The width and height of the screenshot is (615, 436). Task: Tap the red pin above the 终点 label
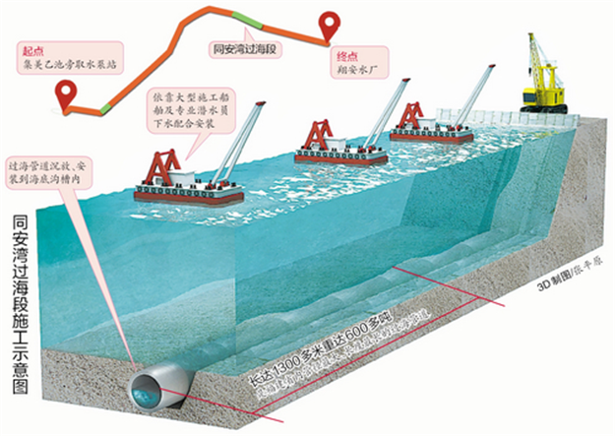(x=327, y=24)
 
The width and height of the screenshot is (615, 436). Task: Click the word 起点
(x=32, y=48)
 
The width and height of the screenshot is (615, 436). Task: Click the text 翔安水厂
(x=357, y=72)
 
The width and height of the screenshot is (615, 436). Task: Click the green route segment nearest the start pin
(x=105, y=102)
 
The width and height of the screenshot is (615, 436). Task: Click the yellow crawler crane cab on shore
(x=542, y=94)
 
